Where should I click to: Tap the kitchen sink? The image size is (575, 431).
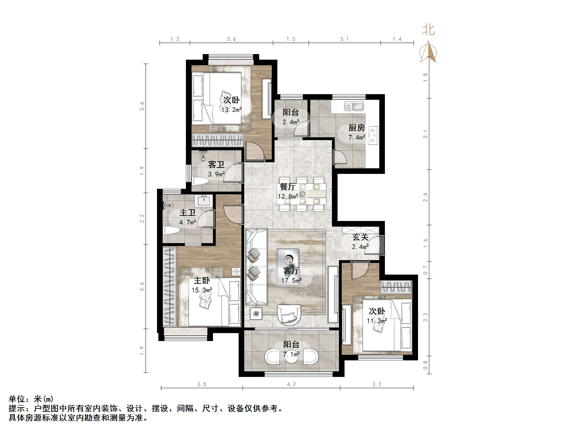click(x=354, y=106)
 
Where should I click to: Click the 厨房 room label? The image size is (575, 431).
click(x=357, y=128)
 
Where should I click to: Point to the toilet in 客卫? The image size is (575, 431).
click(x=201, y=181)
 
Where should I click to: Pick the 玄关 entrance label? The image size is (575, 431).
click(x=360, y=237)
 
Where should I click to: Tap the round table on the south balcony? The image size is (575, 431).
click(x=291, y=357)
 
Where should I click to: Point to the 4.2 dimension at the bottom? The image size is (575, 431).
click(x=291, y=384)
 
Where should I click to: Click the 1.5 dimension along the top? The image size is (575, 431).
click(x=291, y=39)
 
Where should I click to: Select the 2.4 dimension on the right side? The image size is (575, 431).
click(x=425, y=197)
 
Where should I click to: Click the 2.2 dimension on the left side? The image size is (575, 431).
click(x=142, y=218)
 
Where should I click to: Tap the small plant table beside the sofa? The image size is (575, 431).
click(x=256, y=314)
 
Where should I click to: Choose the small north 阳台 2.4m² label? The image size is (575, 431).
click(x=291, y=117)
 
